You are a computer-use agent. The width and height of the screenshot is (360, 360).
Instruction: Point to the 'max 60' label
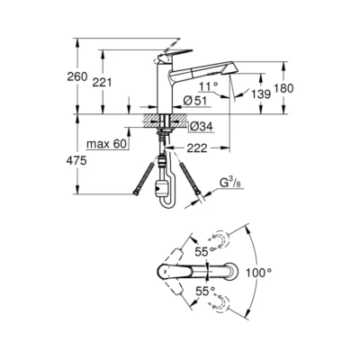106,143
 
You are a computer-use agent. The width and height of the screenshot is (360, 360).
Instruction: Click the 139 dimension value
259,94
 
